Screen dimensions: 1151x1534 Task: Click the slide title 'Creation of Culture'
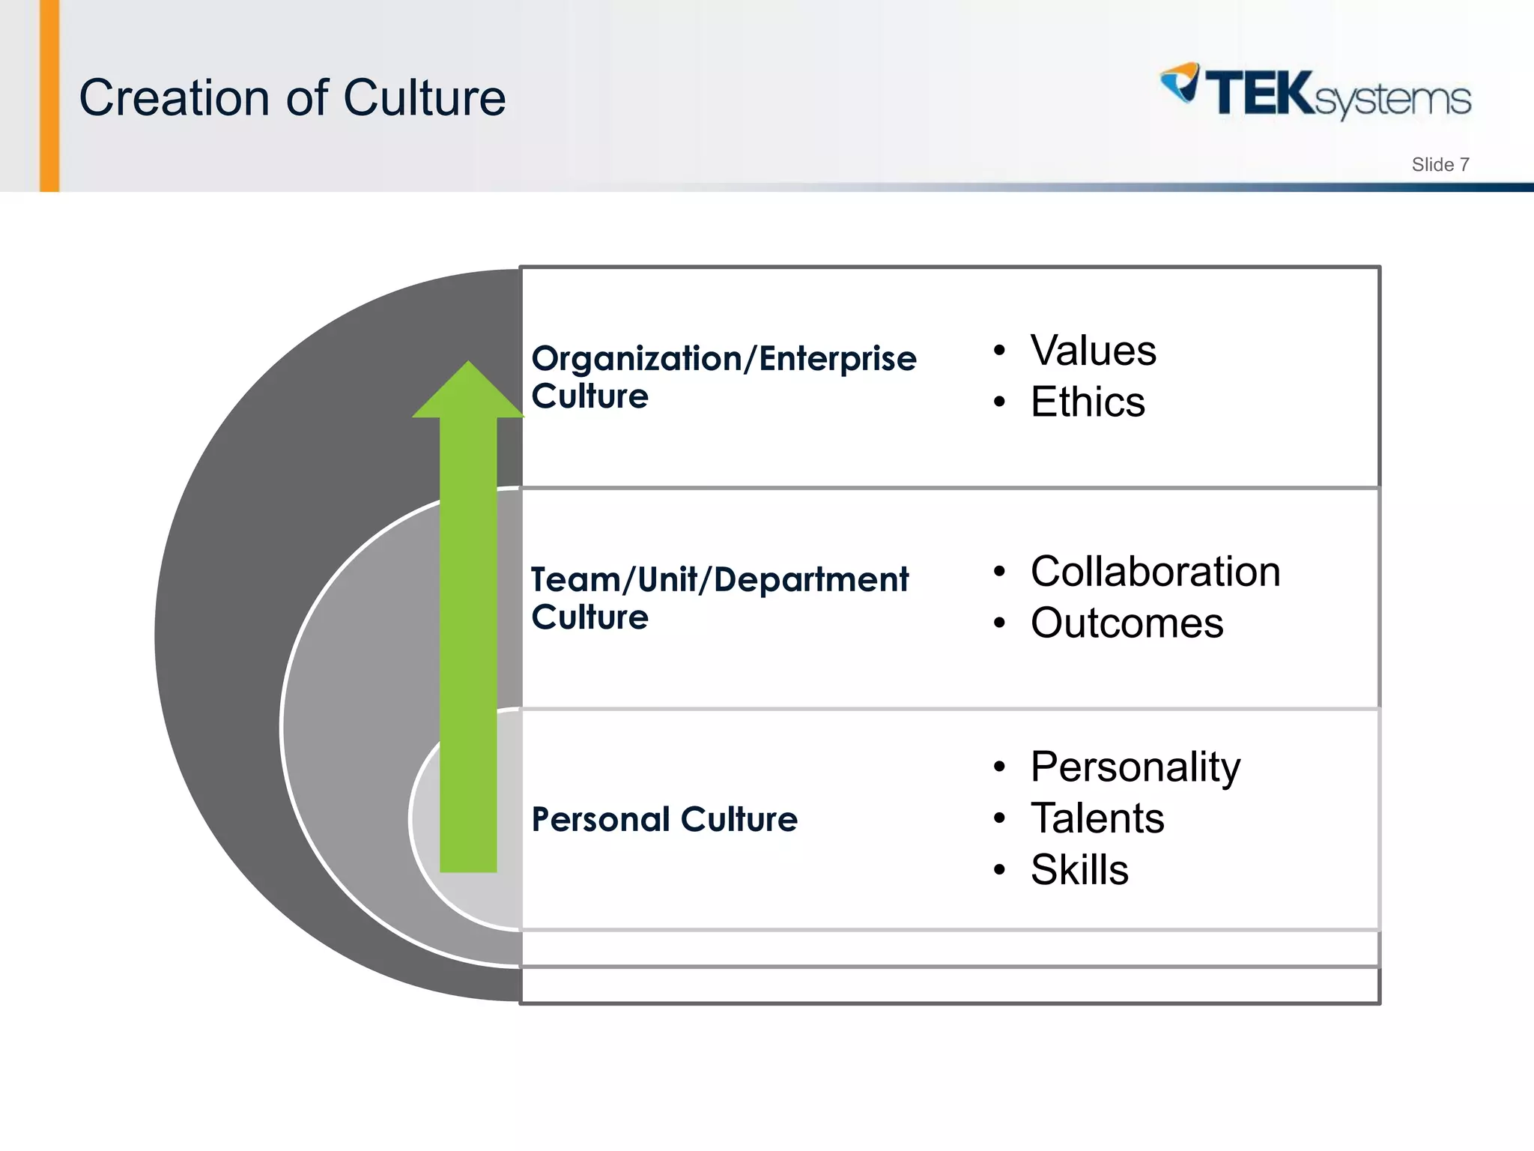coord(292,98)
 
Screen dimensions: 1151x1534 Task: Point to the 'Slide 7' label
coord(1440,165)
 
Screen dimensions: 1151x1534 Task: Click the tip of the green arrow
coord(468,365)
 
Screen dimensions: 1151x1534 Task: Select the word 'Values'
coord(1093,351)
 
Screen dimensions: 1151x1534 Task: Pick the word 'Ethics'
coord(1088,402)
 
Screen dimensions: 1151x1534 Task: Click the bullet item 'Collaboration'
coord(1155,572)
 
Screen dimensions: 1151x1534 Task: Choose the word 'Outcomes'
coord(1127,623)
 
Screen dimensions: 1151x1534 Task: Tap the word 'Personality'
coord(1135,767)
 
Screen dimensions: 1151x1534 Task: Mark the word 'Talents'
coord(1097,818)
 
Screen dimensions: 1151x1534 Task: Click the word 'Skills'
coord(1079,870)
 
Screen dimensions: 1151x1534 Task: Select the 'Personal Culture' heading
coord(664,819)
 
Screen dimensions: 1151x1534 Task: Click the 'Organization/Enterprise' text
coord(724,359)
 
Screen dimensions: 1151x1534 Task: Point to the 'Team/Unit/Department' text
coord(720,580)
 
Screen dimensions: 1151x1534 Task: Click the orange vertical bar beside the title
coord(49,96)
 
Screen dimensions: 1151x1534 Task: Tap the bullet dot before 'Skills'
coord(999,871)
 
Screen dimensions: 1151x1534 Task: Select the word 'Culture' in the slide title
coord(425,98)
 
